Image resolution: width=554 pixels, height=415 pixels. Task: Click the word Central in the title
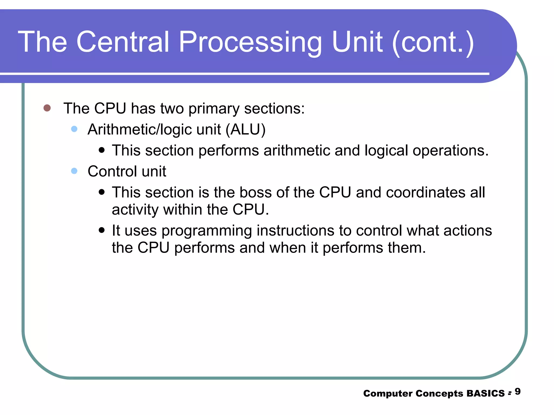[x=123, y=42]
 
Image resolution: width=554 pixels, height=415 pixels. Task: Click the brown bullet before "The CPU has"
[x=47, y=108]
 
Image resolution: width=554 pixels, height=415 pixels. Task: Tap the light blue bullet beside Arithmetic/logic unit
[x=74, y=129]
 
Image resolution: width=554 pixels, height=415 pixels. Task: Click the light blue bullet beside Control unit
[x=74, y=171]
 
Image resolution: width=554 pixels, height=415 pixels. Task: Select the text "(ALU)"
[x=246, y=130]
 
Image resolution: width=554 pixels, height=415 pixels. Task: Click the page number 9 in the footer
[x=517, y=391]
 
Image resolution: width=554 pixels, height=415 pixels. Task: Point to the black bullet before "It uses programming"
[x=102, y=230]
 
